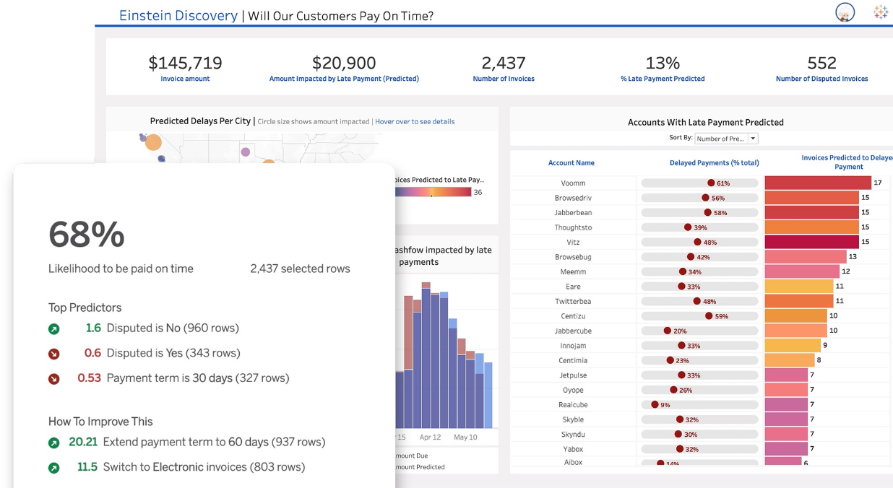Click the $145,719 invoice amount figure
[x=185, y=63]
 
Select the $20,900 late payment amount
[x=344, y=63]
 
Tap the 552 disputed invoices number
[x=821, y=63]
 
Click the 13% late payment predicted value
[x=663, y=63]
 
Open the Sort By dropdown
[x=726, y=139]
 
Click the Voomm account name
[x=573, y=183]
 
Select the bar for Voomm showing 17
[x=818, y=183]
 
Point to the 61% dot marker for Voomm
[x=711, y=183]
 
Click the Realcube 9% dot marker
[x=655, y=405]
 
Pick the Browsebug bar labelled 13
[x=805, y=257]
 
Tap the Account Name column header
[x=571, y=163]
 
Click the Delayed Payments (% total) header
[x=714, y=163]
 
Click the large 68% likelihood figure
[x=87, y=235]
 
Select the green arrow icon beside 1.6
[x=53, y=329]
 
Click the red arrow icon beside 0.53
[x=53, y=379]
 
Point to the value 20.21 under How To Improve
[x=82, y=442]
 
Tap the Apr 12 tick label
[x=430, y=437]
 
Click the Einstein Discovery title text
[x=178, y=15]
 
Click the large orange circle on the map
[x=153, y=142]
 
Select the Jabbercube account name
[x=573, y=331]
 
